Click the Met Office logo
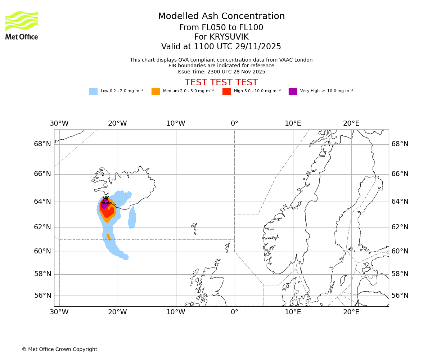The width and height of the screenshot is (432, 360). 22,25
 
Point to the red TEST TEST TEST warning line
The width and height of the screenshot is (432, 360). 221,82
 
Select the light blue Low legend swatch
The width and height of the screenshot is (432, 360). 93,91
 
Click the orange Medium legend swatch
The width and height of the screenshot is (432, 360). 156,91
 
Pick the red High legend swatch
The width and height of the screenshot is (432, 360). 226,91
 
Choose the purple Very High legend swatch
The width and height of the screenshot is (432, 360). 293,91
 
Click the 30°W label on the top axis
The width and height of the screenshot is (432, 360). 59,123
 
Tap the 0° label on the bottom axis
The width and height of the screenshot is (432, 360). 234,312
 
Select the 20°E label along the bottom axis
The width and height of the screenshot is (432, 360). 351,312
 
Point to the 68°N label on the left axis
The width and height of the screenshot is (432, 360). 42,144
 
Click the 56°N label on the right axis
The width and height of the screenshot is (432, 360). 400,296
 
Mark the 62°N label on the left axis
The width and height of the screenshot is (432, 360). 42,227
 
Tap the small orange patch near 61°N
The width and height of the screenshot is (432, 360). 108,237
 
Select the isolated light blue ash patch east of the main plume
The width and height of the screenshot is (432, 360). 132,218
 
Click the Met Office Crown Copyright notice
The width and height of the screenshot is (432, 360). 59,349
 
